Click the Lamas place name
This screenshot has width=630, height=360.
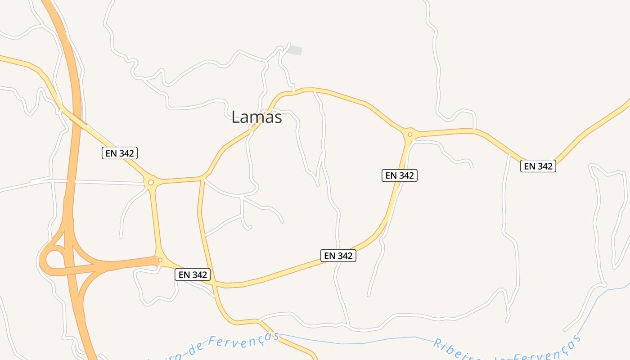256,117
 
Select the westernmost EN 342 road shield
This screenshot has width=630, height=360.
119,153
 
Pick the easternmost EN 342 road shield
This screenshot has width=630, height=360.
538,166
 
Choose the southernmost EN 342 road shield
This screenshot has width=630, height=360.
193,274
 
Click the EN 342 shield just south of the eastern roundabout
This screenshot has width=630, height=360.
400,175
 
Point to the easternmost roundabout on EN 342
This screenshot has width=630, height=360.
410,134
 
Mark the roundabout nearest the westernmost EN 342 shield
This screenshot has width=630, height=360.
151,182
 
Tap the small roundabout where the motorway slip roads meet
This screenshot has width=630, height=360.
160,260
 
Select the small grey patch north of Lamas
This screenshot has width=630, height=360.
295,50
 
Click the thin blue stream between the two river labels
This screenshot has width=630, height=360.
360,342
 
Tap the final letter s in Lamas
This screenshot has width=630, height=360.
277,118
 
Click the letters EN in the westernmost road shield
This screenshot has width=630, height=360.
111,153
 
